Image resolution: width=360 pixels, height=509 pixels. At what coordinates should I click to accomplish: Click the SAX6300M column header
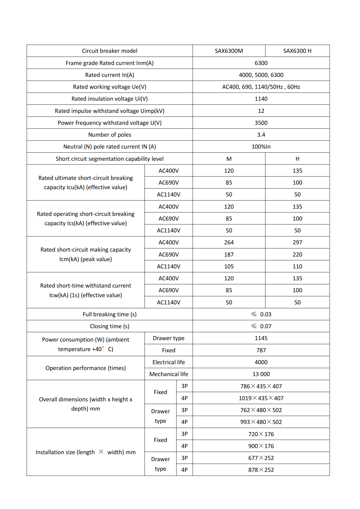click(229, 51)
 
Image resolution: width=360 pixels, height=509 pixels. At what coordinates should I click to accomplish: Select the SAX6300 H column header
click(297, 51)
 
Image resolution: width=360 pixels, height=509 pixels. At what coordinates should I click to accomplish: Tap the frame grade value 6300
click(261, 63)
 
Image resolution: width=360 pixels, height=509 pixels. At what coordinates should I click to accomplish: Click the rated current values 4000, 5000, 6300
click(261, 75)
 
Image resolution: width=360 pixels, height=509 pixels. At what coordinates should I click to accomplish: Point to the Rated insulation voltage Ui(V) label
click(109, 99)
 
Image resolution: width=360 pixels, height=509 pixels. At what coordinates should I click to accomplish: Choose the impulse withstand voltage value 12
click(261, 111)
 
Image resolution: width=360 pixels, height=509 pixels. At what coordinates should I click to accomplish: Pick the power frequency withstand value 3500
click(261, 123)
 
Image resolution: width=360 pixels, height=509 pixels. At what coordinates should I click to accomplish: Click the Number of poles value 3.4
click(261, 135)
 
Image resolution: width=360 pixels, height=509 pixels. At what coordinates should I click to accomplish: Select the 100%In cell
click(261, 147)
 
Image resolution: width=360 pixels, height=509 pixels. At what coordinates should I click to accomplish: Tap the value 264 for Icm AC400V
click(229, 242)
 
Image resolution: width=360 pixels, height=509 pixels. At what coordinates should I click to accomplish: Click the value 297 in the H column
click(297, 242)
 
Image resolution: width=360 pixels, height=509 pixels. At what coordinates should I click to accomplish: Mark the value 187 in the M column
click(229, 255)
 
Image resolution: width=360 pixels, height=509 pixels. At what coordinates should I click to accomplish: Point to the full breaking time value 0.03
click(265, 314)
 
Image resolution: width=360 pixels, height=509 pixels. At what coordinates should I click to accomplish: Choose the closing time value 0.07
click(265, 326)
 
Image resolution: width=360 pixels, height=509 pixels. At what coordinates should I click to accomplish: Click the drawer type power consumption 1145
click(261, 338)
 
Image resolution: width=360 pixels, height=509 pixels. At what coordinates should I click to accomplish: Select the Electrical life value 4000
click(261, 362)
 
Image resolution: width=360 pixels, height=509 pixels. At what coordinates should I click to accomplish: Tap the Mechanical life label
click(169, 374)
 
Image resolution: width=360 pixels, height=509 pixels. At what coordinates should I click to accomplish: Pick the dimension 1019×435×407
click(261, 398)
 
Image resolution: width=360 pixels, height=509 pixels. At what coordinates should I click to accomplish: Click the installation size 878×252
click(261, 470)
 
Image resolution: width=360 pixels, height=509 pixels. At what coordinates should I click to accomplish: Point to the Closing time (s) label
click(109, 326)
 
